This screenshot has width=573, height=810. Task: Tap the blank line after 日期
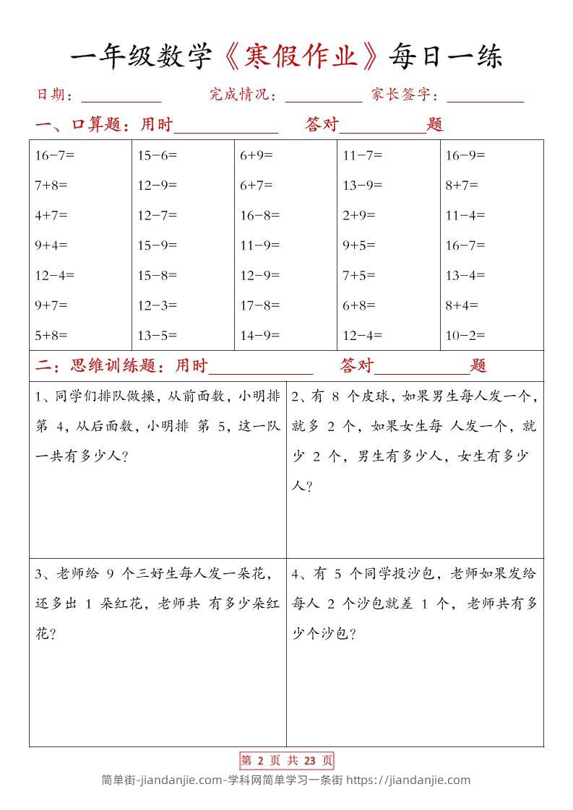click(x=121, y=96)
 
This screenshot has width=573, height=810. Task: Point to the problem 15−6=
click(x=157, y=154)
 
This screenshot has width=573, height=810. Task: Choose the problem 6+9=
click(x=256, y=154)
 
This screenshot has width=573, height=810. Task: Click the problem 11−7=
click(x=362, y=154)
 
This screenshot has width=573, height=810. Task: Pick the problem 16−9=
click(x=465, y=154)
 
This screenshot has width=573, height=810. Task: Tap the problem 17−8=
click(x=259, y=305)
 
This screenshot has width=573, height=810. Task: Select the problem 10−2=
click(x=465, y=335)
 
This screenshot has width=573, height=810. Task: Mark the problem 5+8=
click(x=51, y=335)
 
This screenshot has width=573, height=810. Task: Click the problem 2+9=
click(x=358, y=214)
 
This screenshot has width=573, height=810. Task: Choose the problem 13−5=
click(x=157, y=335)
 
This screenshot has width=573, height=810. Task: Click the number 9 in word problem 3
click(x=111, y=574)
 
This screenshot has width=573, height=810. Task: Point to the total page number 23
click(x=311, y=760)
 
